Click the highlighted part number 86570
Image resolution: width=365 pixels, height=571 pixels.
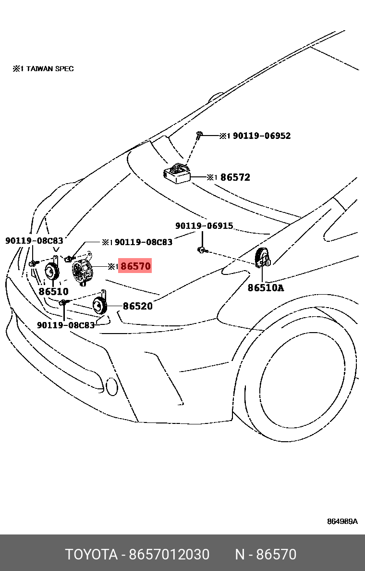click(135, 266)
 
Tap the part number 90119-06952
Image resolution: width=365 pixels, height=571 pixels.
click(262, 136)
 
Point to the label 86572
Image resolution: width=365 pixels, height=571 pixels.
click(235, 177)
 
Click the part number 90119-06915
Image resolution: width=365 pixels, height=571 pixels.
click(204, 226)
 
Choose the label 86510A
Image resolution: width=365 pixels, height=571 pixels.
click(266, 288)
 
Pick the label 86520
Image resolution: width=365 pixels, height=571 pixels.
click(138, 306)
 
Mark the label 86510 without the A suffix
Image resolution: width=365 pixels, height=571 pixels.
click(53, 291)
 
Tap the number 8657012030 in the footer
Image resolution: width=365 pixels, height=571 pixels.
click(169, 555)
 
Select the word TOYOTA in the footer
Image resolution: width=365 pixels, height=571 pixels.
click(91, 555)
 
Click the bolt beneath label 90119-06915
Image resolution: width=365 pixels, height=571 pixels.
click(202, 249)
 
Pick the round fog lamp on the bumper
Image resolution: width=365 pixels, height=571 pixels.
click(111, 386)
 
